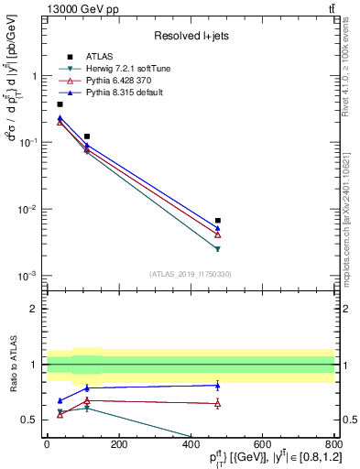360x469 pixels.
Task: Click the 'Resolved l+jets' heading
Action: click(x=191, y=35)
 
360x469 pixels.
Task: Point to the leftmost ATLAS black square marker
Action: click(x=60, y=104)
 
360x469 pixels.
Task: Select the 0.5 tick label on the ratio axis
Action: click(x=32, y=420)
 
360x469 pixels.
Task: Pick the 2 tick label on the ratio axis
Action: click(x=36, y=309)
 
